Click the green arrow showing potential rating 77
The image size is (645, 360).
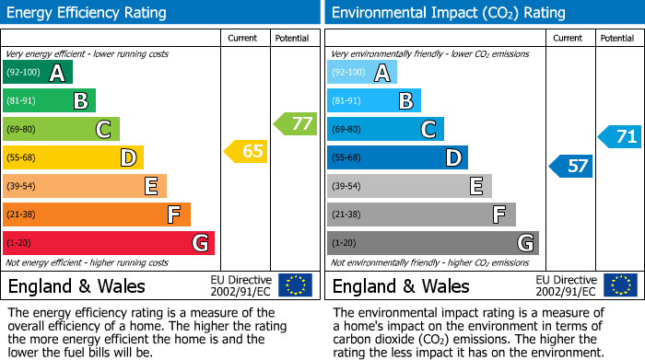[x=296, y=123]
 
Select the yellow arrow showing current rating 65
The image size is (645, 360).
[x=247, y=151]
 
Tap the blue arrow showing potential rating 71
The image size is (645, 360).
[x=620, y=137]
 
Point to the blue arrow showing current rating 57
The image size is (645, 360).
[x=571, y=166]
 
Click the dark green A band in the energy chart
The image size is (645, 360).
[x=38, y=73]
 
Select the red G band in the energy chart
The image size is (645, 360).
[x=109, y=243]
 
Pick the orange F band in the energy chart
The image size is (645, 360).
[x=97, y=215]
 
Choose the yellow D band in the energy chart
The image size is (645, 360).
[x=74, y=157]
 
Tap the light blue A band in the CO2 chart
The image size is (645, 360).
[x=362, y=73]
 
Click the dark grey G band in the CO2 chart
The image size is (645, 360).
[x=433, y=243]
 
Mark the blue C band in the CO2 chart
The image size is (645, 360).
[x=385, y=129]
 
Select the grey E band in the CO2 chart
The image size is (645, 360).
[x=409, y=186]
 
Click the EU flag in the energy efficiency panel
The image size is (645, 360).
[x=295, y=285]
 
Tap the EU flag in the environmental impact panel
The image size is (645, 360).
[x=619, y=285]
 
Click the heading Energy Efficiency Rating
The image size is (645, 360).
[x=88, y=13]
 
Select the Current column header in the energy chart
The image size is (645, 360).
[x=242, y=38]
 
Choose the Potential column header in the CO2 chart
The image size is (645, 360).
[x=616, y=38]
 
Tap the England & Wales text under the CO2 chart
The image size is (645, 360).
[x=401, y=285]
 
